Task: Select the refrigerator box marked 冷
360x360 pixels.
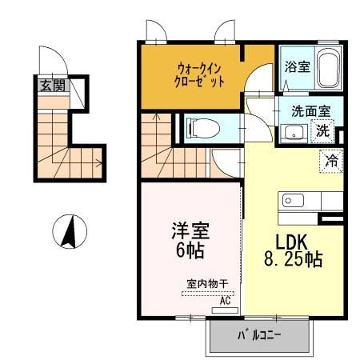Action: click(x=331, y=159)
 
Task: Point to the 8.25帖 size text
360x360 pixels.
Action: click(x=292, y=259)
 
